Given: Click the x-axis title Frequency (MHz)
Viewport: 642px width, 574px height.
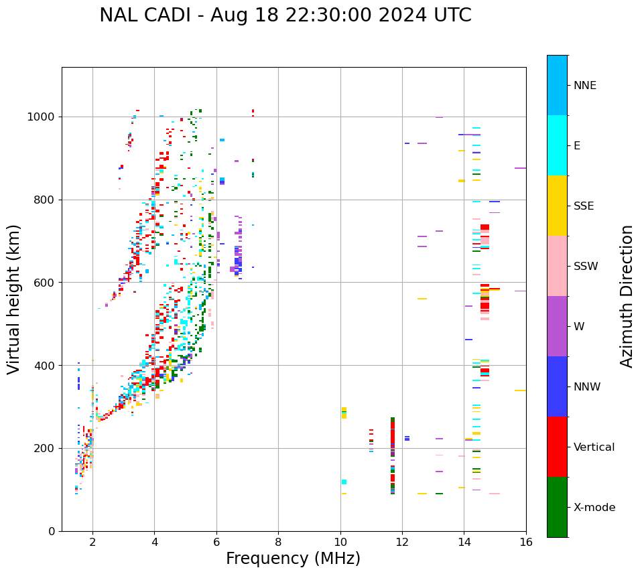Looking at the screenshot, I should (293, 559).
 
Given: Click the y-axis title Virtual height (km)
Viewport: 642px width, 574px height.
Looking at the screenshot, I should (14, 299).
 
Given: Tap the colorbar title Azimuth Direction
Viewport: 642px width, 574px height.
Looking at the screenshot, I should (627, 296).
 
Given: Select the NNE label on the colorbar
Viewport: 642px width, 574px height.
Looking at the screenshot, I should (585, 86).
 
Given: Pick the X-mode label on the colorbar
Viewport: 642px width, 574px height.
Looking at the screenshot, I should (594, 508).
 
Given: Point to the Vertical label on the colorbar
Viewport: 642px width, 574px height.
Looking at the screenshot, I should (594, 447).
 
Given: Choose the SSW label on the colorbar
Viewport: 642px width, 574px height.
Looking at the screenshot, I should (586, 267).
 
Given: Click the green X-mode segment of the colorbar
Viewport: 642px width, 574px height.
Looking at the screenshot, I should (557, 507).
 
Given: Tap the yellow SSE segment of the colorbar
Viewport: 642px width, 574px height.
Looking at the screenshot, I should (557, 206).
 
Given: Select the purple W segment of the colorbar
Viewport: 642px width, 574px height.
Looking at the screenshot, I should (557, 326).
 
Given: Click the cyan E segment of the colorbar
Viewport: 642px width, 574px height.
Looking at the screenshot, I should (557, 145).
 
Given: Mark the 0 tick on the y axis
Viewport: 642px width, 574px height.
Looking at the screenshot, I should (53, 531).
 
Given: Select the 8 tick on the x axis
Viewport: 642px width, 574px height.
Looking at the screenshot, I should (278, 542).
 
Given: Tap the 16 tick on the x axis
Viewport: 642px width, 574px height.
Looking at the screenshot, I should (526, 542).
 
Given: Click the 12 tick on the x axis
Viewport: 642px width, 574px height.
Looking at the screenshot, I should (402, 542).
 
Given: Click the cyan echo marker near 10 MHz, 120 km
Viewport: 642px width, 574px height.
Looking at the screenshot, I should (344, 482).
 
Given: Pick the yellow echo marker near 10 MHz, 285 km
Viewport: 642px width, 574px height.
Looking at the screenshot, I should (344, 413).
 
